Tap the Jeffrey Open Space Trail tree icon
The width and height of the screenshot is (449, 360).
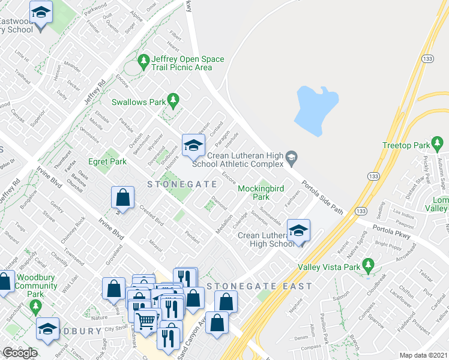point(143,61)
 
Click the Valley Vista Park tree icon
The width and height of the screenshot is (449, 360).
point(369,265)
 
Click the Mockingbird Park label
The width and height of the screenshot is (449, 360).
point(261,193)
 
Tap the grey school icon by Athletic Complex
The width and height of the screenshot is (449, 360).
point(291,157)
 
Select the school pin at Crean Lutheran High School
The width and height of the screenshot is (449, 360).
point(298,231)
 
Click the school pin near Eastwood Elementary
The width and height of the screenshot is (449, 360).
point(41,13)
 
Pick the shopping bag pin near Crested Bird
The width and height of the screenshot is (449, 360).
point(122,199)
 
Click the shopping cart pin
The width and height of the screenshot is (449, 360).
point(145,324)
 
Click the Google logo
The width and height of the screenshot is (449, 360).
point(20,353)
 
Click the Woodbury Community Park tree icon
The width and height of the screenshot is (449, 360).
point(36,308)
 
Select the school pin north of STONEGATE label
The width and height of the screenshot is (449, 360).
point(193,146)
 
